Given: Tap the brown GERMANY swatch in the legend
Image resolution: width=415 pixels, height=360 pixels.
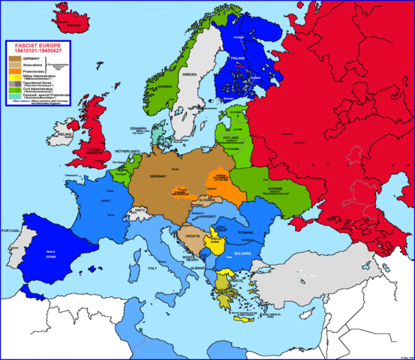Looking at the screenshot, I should point(14,57).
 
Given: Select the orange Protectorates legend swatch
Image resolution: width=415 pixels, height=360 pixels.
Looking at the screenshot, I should point(14,71).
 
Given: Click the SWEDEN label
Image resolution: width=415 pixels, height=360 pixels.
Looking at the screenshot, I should point(189,76).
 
